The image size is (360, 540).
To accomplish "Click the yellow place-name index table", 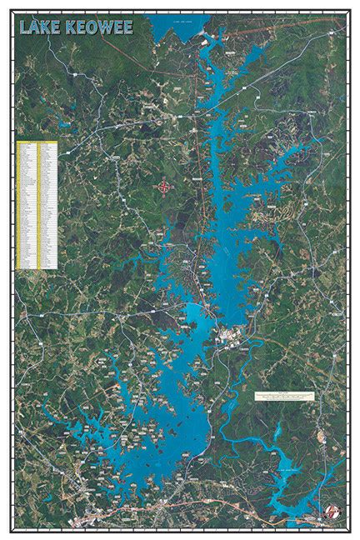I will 37,205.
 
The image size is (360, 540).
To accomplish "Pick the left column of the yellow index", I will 27,205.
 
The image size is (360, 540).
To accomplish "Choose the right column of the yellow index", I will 46,205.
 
